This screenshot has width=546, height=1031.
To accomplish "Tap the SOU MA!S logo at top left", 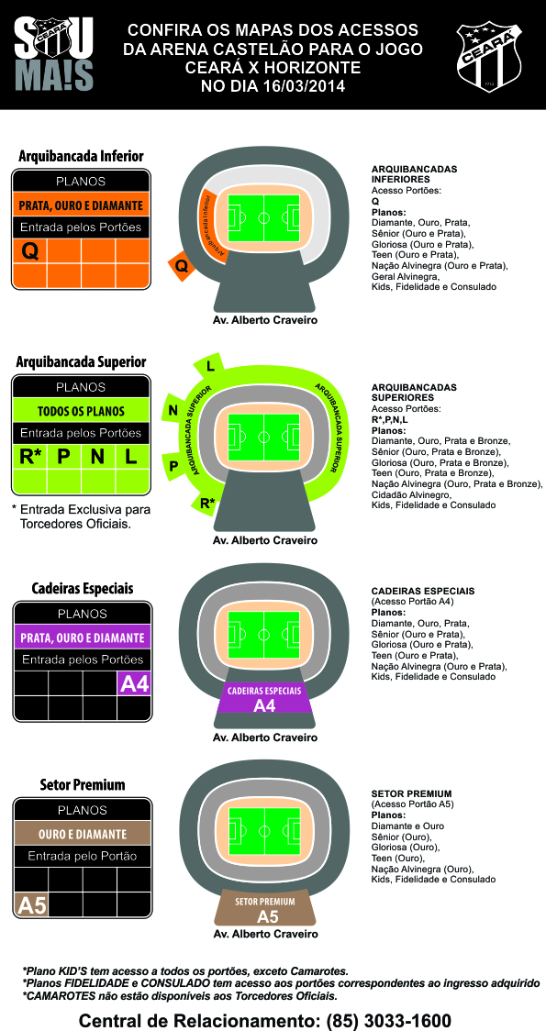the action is (54, 54).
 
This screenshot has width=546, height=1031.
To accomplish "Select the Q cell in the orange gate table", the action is (29, 250).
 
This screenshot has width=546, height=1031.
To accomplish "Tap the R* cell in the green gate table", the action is (29, 456).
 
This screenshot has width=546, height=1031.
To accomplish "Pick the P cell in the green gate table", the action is (64, 456).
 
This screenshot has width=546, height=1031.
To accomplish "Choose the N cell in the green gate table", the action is (98, 456).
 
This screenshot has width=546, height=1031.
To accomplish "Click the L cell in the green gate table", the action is (132, 456).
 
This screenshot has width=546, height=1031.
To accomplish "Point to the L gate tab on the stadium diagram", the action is (210, 366).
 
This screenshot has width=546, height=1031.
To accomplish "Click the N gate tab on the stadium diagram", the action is (173, 411).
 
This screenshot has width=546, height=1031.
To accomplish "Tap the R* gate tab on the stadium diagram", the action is (206, 503).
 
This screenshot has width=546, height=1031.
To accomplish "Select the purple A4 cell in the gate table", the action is (134, 683).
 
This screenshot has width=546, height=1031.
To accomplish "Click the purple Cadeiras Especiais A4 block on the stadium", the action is (264, 698).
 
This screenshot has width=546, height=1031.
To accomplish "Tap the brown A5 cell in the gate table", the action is (31, 904).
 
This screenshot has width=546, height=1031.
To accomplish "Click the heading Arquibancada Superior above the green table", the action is (81, 362).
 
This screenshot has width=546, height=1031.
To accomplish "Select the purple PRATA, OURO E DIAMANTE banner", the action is (83, 637).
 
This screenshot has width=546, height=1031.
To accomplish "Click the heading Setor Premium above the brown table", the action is (83, 785).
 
